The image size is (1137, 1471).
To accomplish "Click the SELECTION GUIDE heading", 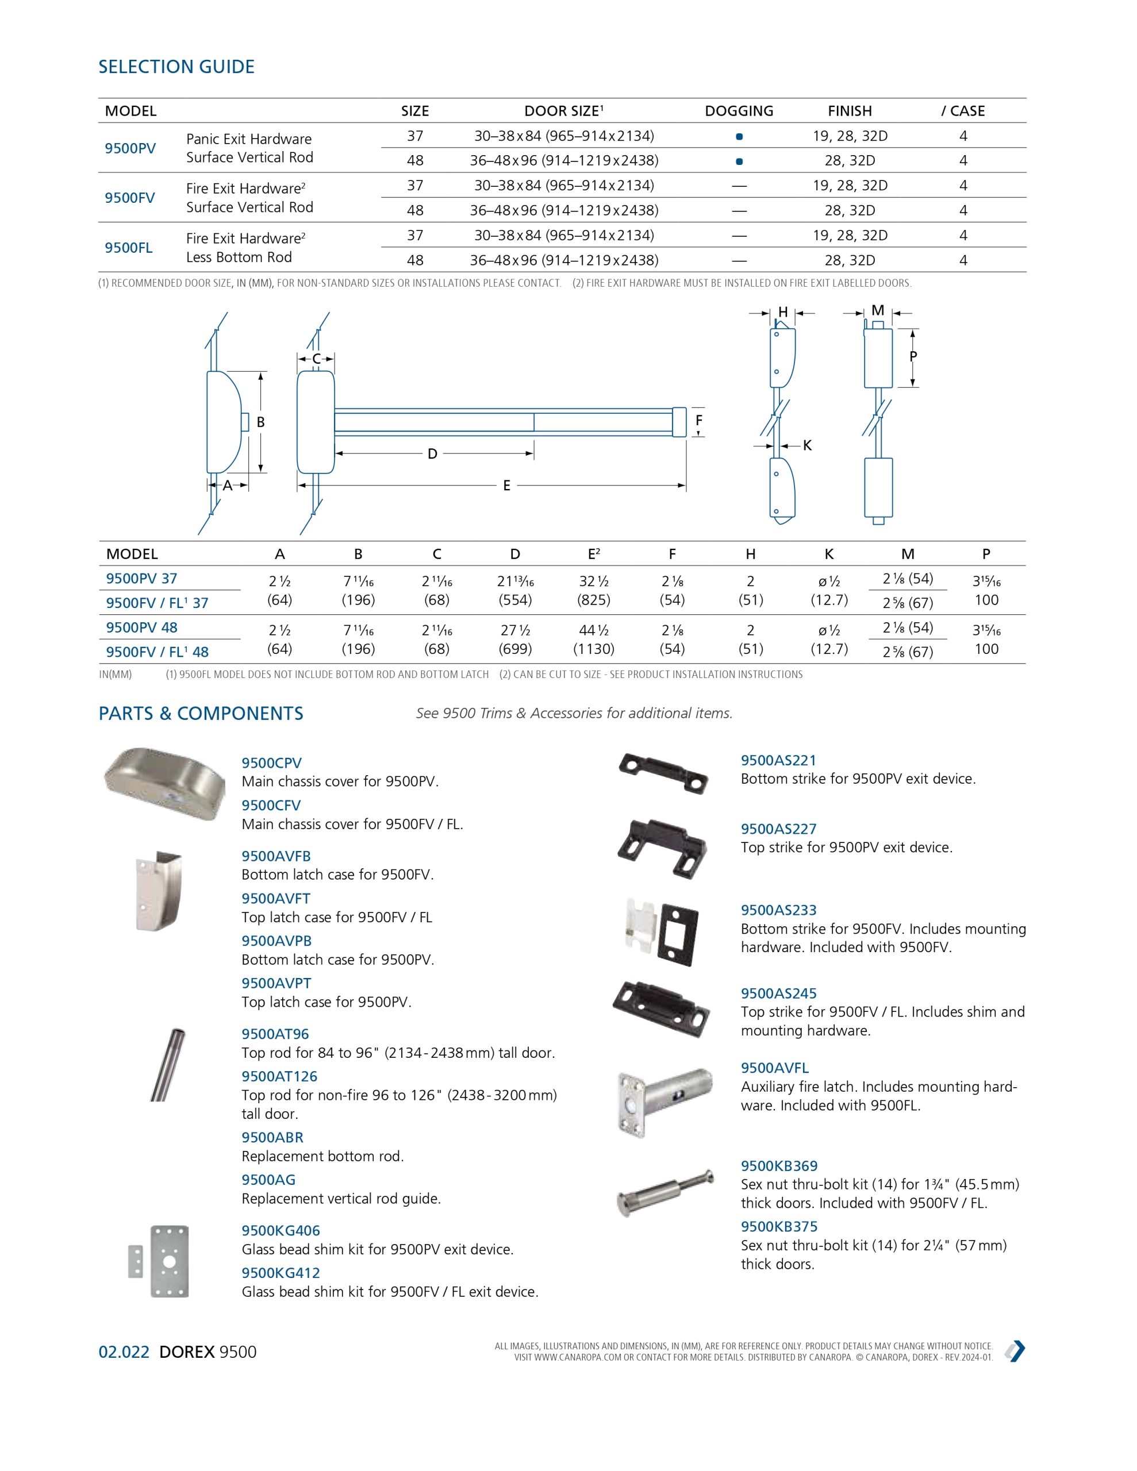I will (x=176, y=67).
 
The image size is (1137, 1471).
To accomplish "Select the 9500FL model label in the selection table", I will (x=129, y=248).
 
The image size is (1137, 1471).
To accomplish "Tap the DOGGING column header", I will (x=739, y=111).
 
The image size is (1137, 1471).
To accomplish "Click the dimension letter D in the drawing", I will (x=433, y=454).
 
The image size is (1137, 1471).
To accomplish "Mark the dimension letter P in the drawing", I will (x=913, y=356).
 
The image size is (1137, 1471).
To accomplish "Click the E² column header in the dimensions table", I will (x=594, y=554).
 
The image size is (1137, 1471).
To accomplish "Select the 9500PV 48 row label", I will (x=141, y=627).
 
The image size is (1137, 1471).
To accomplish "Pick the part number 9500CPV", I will (x=272, y=763).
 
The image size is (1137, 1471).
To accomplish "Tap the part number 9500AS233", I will (x=778, y=910).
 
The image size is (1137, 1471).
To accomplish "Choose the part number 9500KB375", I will (x=779, y=1227).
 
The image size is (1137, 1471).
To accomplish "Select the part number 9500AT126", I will (x=279, y=1076).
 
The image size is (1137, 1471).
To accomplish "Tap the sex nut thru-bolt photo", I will (x=665, y=1193).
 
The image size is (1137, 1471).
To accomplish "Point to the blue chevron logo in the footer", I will (x=1015, y=1351).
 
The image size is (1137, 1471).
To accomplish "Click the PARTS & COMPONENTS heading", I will (x=201, y=714).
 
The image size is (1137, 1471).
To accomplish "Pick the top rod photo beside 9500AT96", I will (x=168, y=1065).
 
